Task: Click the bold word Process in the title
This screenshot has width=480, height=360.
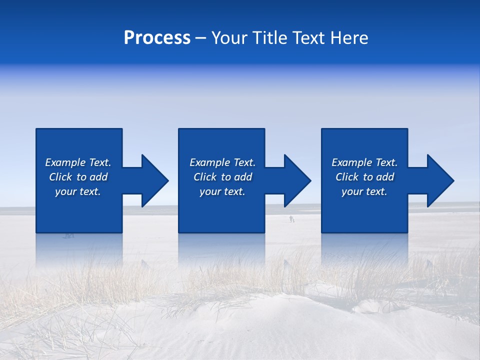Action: pyautogui.click(x=157, y=38)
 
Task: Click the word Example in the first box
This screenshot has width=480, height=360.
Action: pyautogui.click(x=65, y=162)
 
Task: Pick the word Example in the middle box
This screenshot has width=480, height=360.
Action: pyautogui.click(x=209, y=162)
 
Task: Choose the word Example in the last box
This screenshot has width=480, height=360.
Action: pyautogui.click(x=351, y=162)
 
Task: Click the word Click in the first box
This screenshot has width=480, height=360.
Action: pyautogui.click(x=60, y=177)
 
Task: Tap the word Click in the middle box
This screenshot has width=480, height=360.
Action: pyautogui.click(x=205, y=177)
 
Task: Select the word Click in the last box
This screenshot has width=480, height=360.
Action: pyautogui.click(x=347, y=177)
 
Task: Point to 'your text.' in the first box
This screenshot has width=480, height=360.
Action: pyautogui.click(x=78, y=191)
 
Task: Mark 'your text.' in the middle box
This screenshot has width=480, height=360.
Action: pyautogui.click(x=222, y=191)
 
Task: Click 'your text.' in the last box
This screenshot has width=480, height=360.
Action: pyautogui.click(x=364, y=191)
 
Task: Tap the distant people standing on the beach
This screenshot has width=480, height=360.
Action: pyautogui.click(x=291, y=218)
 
